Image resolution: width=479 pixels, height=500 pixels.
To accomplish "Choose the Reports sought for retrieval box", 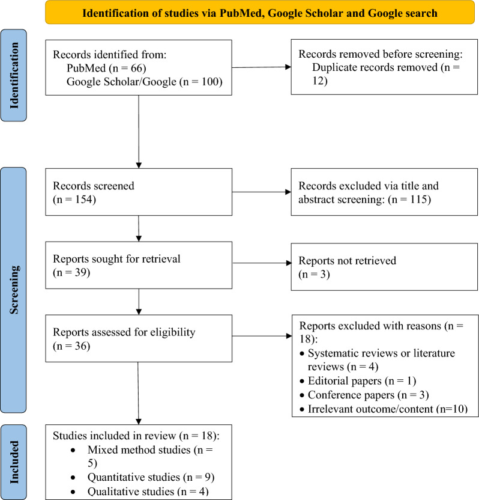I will coord(138,264).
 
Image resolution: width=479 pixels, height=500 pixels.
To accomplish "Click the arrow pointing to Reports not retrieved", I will coord(261,263).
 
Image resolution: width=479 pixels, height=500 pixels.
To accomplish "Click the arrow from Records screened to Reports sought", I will coord(139,228).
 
